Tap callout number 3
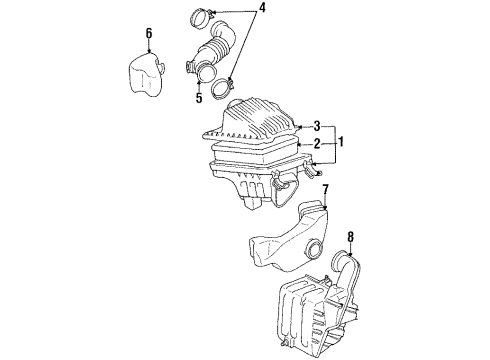coord(316,126)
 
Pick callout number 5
coord(199,97)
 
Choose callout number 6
coord(149,34)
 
